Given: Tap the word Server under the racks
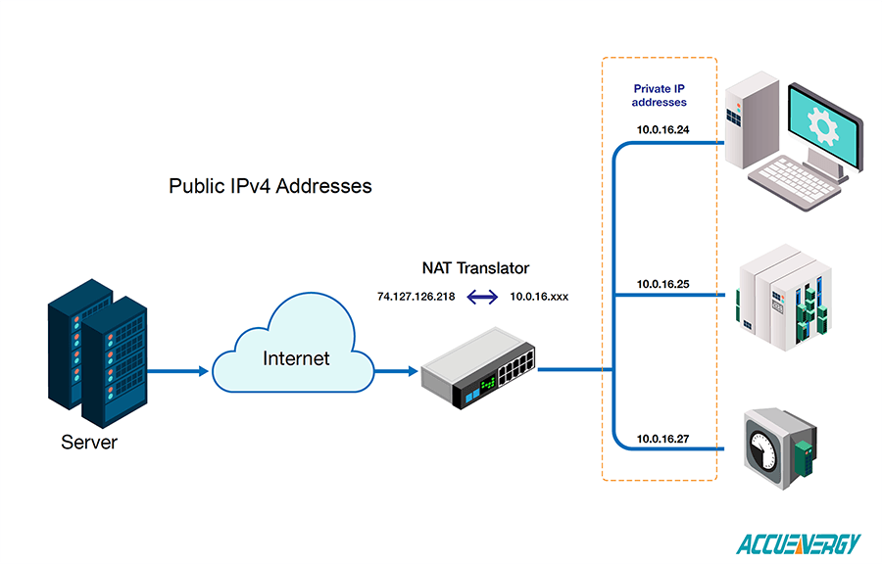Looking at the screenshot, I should click(x=89, y=443).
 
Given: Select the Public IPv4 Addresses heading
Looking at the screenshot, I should click(x=270, y=185).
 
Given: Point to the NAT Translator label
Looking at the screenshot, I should click(x=475, y=267).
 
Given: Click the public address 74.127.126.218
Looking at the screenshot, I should click(x=416, y=295).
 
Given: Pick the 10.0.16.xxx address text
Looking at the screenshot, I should click(x=539, y=295).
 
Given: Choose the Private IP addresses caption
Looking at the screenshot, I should click(x=660, y=95).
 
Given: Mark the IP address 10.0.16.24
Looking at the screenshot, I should click(x=663, y=130).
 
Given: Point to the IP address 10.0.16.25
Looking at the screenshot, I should click(x=663, y=284).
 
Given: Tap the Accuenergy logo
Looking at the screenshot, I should click(x=799, y=543).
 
